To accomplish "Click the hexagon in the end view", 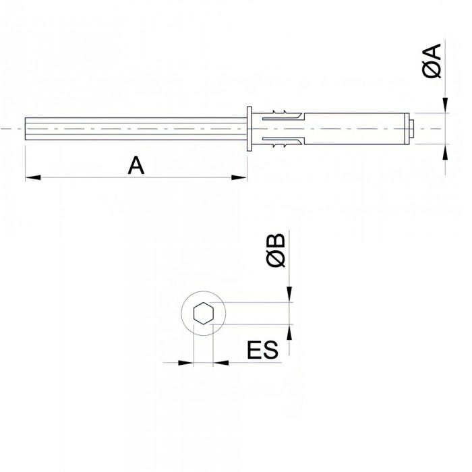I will pyautogui.click(x=203, y=314).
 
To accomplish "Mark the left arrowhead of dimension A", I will pyautogui.click(x=31, y=177).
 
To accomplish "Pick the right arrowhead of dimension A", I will pyautogui.click(x=240, y=177).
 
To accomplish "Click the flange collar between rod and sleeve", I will pyautogui.click(x=250, y=128).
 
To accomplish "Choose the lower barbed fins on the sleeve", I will pyautogui.click(x=283, y=146).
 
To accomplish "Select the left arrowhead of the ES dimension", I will pyautogui.click(x=187, y=363).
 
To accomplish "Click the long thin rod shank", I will pyautogui.click(x=135, y=128).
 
